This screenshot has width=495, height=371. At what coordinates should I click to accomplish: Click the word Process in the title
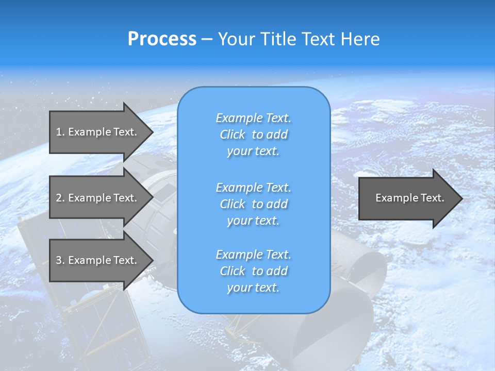pos(162,39)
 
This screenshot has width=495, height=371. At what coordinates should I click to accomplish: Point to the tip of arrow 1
pos(152,132)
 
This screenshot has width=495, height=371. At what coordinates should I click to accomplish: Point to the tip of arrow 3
pos(152,260)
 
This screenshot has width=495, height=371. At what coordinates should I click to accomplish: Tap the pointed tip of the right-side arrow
pos(461,198)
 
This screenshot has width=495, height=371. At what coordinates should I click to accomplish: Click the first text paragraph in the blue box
pos(253,134)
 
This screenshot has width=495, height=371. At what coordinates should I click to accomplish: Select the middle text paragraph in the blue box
pos(253,204)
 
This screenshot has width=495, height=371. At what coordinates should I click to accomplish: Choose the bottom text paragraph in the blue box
pos(253,271)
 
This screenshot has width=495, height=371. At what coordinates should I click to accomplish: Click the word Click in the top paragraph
pos(233,134)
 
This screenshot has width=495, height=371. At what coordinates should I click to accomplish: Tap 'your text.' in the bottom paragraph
pos(253,288)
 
